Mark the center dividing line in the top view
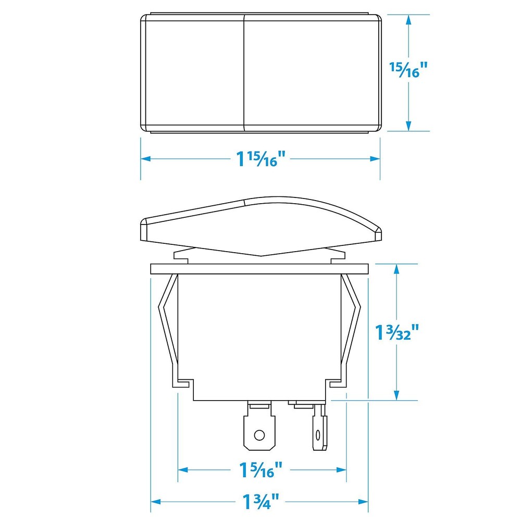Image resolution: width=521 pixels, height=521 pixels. click(244, 73)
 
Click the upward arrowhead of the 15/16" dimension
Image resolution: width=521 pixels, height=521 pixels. click(409, 20)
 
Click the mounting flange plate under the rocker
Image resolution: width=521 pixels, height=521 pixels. click(259, 269)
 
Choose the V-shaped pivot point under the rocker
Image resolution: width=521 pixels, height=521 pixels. click(259, 256)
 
